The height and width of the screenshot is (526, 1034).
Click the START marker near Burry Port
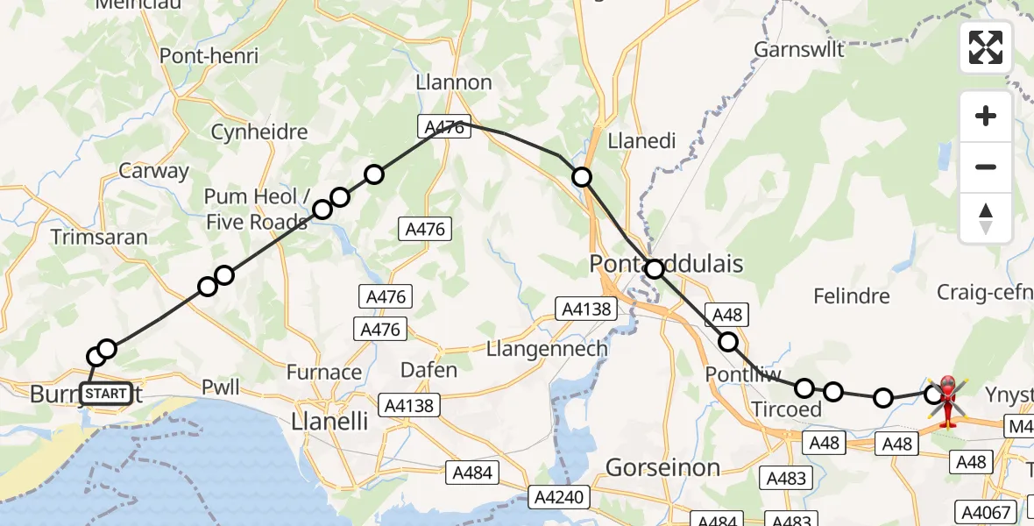(107, 394)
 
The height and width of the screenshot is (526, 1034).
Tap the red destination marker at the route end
(948, 402)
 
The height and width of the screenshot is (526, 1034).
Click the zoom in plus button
(986, 117)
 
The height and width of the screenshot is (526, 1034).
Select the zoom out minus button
(986, 167)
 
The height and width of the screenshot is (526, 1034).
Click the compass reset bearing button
(986, 217)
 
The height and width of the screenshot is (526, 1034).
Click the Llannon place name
(456, 82)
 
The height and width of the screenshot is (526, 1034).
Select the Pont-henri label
(209, 56)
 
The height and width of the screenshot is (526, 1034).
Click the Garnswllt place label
(799, 49)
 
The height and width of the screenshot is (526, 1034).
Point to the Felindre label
(851, 296)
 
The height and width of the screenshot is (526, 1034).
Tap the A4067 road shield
(987, 512)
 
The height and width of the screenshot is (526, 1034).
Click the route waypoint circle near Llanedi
(582, 178)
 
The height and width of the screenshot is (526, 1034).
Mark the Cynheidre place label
(259, 132)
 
